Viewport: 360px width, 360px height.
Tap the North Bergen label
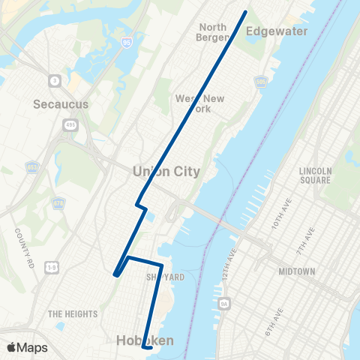(213, 32)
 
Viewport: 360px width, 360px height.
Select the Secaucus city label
(61, 104)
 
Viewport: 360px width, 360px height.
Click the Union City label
(166, 172)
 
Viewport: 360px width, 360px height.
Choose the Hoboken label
(145, 340)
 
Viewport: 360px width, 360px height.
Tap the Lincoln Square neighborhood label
(315, 175)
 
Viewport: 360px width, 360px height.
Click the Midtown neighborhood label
(297, 271)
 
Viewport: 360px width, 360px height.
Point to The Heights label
(69, 313)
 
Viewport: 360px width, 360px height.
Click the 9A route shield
(223, 304)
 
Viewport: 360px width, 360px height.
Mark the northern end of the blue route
(245, 13)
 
